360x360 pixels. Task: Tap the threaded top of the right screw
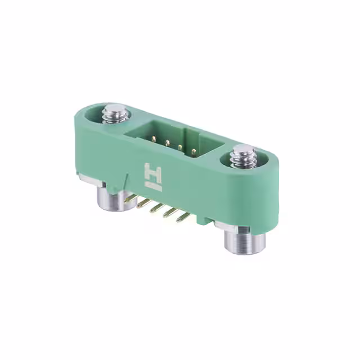click(244, 154)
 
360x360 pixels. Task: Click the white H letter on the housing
click(153, 172)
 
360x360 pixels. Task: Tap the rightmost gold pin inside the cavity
click(193, 151)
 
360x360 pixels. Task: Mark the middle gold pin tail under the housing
click(156, 208)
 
